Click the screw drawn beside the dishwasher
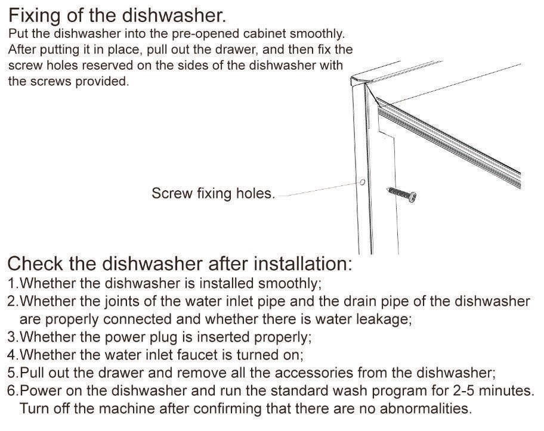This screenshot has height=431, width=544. [x=401, y=194]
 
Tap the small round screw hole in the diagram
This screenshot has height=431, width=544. [x=363, y=182]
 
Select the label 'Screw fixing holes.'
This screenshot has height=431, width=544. [x=214, y=194]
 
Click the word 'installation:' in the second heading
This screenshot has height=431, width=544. [x=303, y=263]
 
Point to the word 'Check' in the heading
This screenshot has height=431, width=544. [x=35, y=263]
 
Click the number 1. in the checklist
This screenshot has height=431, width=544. [x=13, y=283]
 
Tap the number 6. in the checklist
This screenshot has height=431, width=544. [x=13, y=391]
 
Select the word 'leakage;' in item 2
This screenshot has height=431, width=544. [x=384, y=320]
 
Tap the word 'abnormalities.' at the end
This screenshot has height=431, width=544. [x=426, y=408]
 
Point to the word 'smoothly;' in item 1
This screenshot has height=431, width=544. [x=290, y=284]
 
